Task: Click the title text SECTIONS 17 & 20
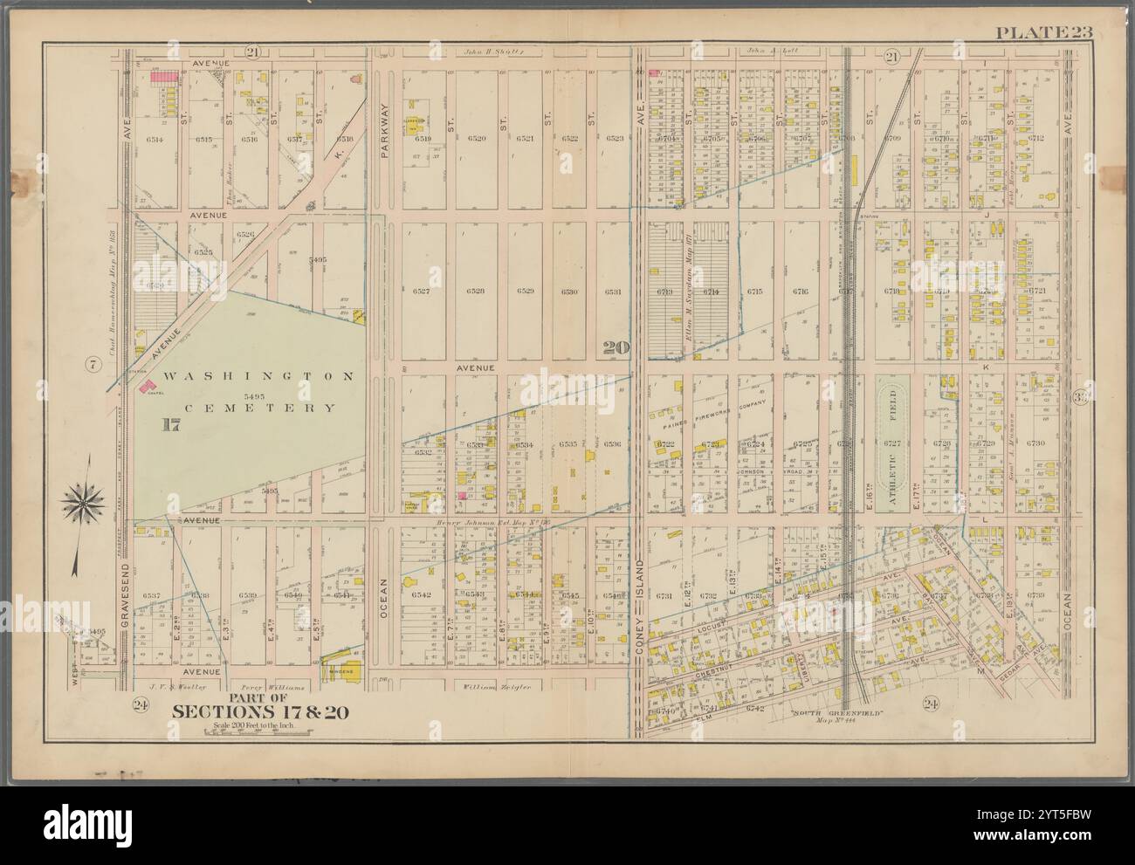[259, 711]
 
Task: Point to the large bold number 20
[616, 347]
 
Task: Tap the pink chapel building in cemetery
[143, 387]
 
